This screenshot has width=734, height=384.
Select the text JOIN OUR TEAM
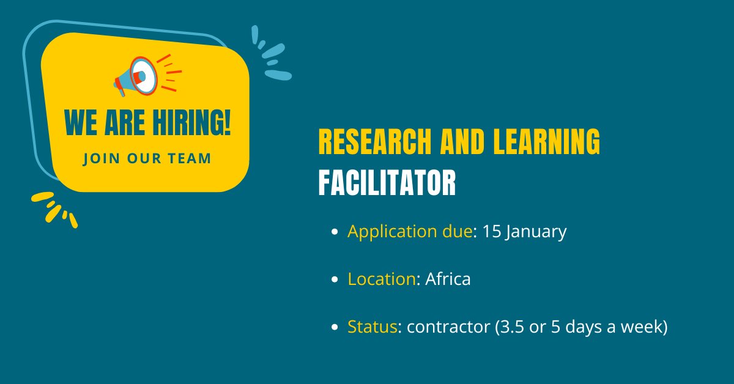tap(147, 158)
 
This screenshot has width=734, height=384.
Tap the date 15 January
tap(524, 232)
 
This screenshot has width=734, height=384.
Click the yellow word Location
tap(382, 279)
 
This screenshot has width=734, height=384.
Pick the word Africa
tap(448, 279)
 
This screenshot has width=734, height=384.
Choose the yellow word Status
tap(373, 327)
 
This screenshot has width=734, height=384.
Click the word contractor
tap(448, 327)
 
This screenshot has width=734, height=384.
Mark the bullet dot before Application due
tap(334, 232)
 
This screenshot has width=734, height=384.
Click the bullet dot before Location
tap(334, 280)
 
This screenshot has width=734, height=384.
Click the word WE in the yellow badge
tap(80, 122)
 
